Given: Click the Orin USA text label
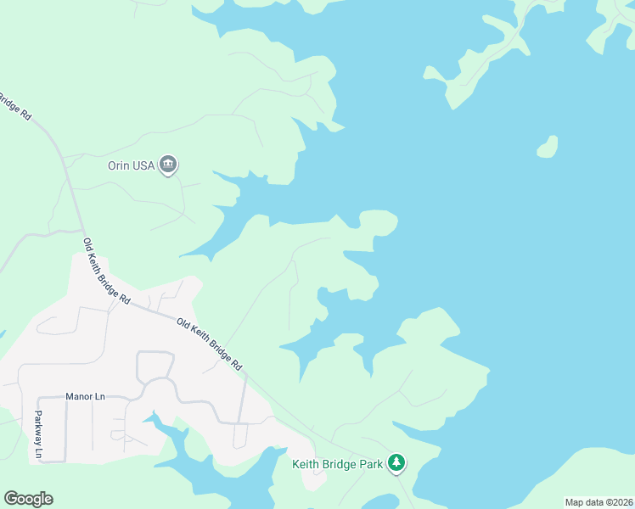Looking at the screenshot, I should point(131,165).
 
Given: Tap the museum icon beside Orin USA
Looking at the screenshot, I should point(168,165).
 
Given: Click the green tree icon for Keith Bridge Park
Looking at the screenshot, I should point(396,463).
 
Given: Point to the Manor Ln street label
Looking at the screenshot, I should point(85,396).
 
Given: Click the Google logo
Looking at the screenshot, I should point(28,499).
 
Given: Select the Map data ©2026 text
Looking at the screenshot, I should point(599,502).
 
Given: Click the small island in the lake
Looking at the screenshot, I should point(548,147).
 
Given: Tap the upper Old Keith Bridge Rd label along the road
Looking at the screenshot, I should point(107,271).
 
